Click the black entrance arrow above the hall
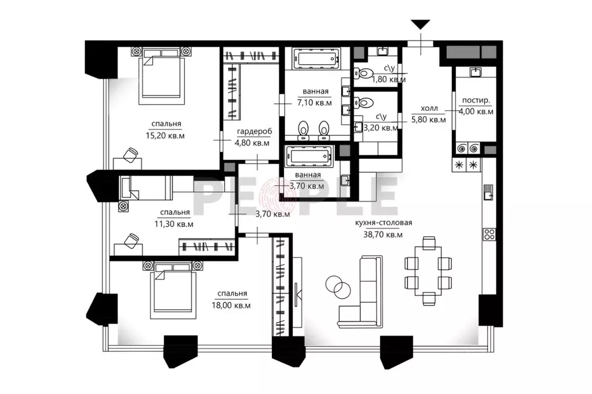pyautogui.click(x=421, y=25)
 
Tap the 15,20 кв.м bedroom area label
pyautogui.click(x=165, y=135)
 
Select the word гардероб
pyautogui.click(x=254, y=132)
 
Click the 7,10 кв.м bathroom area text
pyautogui.click(x=314, y=103)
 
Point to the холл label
pyautogui.click(x=429, y=109)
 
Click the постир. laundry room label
pyautogui.click(x=476, y=101)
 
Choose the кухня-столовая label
pyautogui.click(x=384, y=223)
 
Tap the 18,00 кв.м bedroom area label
pyautogui.click(x=231, y=306)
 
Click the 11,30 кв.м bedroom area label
pyautogui.click(x=174, y=224)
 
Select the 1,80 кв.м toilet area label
pyautogui.click(x=389, y=80)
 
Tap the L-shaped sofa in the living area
pyautogui.click(x=361, y=291)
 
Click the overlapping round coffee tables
pyautogui.click(x=338, y=286)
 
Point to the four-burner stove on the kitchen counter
pyautogui.click(x=490, y=234)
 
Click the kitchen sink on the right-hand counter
pyautogui.click(x=488, y=192)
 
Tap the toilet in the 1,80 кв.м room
pyautogui.click(x=364, y=72)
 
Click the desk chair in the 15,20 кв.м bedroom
pyautogui.click(x=131, y=155)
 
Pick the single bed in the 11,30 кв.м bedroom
pyautogui.click(x=145, y=188)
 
